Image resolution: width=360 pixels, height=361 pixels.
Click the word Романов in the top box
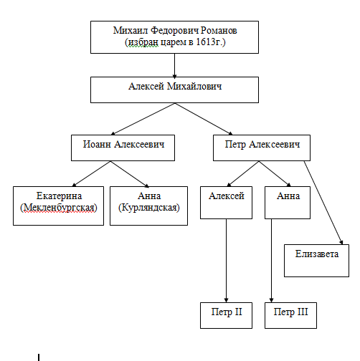point(219,31)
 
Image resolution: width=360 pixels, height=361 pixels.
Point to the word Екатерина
point(59,196)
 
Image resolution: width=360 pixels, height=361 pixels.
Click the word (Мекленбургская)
point(59,208)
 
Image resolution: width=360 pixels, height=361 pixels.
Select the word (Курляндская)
point(149,208)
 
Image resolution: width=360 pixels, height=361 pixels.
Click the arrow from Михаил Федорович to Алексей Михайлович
point(174,65)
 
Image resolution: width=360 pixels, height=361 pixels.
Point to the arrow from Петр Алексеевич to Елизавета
point(323,203)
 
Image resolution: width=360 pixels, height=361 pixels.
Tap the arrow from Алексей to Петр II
point(226,261)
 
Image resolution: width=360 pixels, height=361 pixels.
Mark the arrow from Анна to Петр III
point(271,261)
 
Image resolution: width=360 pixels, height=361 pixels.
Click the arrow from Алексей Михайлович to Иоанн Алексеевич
point(143,119)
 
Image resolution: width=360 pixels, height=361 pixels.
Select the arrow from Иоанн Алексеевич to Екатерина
point(91,173)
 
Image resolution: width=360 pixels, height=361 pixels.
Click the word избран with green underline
point(143,42)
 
